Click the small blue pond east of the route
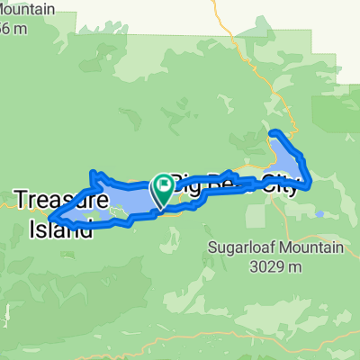[x=320, y=214]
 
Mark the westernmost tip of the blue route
[x=50, y=217]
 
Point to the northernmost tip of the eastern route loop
[x=274, y=133]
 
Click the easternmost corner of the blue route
[x=310, y=186]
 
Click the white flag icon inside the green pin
[x=164, y=186]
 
